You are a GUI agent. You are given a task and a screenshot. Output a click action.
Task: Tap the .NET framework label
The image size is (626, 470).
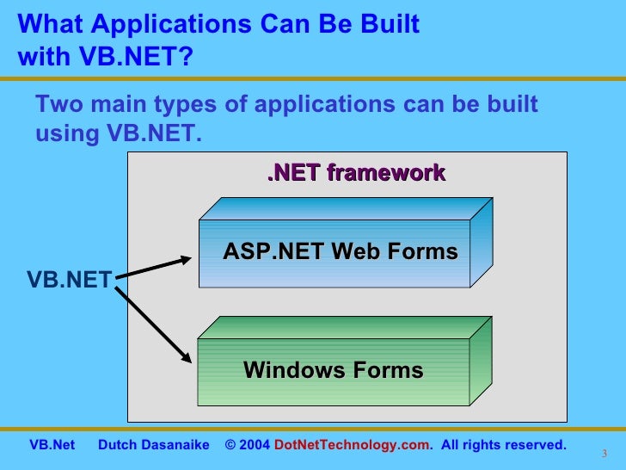(356, 173)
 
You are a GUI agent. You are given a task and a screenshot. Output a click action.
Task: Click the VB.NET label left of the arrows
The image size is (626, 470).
(69, 279)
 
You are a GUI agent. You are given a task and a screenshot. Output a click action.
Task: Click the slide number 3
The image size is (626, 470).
(605, 455)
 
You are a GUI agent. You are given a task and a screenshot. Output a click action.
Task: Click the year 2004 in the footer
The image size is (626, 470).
(255, 445)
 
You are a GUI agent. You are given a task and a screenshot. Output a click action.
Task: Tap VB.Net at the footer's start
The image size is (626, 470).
(52, 445)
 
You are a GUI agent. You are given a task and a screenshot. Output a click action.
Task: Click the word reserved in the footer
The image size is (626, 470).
(534, 445)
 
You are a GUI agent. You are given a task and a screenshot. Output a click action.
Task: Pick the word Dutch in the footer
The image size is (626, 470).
(117, 445)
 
